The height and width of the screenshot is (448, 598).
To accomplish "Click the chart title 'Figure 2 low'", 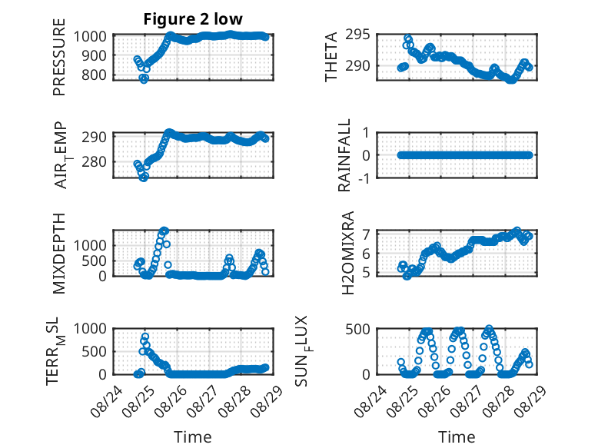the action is tap(193, 19).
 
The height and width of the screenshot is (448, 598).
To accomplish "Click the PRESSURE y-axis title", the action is tap(59, 57).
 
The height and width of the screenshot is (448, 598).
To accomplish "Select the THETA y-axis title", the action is tap(331, 57).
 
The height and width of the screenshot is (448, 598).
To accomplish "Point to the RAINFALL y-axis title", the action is tap(344, 155).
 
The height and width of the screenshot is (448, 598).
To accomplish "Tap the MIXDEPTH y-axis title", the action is tap(59, 254).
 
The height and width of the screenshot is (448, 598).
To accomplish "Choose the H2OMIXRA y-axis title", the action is tap(348, 253).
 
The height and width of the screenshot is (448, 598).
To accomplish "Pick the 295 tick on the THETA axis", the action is tap(357, 35).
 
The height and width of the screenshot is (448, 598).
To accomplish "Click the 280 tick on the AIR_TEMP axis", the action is tap(94, 161).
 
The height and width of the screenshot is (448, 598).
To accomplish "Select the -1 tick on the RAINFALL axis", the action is tap(364, 178).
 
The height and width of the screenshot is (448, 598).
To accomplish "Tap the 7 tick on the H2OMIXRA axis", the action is tap(367, 234).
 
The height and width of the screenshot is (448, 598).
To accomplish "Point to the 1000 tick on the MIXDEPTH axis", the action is tap(90, 245).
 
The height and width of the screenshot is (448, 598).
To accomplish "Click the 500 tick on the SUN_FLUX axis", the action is tap(357, 329).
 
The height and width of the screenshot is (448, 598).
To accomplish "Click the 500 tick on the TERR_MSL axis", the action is tap(94, 351).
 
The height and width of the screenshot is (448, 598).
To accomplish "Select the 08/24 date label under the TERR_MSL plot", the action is tap(106, 401).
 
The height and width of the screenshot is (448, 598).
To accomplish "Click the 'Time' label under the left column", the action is tap(193, 437).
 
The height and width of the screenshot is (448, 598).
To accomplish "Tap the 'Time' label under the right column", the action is tap(457, 437).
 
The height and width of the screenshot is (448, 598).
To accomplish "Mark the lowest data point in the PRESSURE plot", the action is tap(144, 79).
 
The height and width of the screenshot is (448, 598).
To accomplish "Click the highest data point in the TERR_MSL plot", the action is tap(145, 337).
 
